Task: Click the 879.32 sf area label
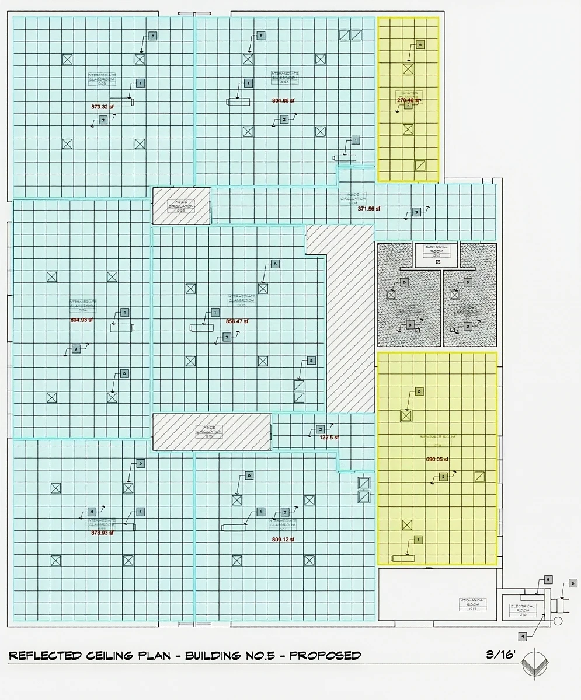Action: click(103, 107)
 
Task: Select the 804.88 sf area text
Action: click(283, 100)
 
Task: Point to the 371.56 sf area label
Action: click(368, 208)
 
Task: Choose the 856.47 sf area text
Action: click(237, 321)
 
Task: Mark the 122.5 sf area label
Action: click(329, 437)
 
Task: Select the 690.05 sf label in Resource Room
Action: click(437, 459)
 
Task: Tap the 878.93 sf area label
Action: click(103, 532)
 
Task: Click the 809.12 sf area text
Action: click(283, 539)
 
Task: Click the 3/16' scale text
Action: click(500, 654)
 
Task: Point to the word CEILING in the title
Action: click(135, 655)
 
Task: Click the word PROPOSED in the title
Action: click(325, 655)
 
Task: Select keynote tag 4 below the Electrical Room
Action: click(523, 636)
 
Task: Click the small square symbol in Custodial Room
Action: click(438, 262)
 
